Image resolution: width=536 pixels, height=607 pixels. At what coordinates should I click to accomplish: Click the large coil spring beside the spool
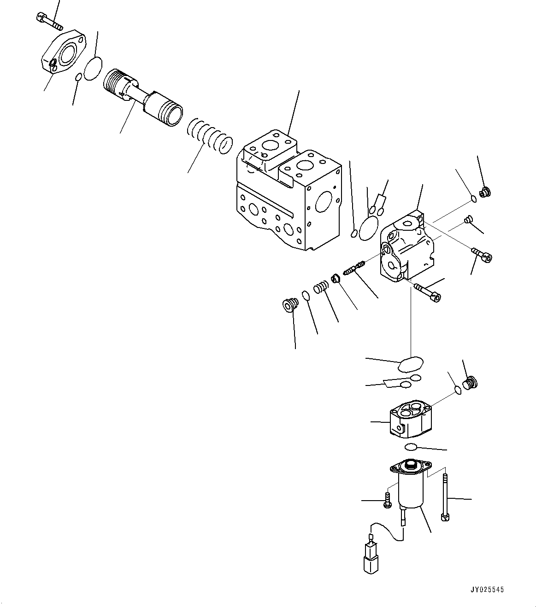point(210,136)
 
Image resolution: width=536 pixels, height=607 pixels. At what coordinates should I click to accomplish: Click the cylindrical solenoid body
point(410,490)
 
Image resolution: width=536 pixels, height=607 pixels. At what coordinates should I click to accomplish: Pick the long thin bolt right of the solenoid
point(445,497)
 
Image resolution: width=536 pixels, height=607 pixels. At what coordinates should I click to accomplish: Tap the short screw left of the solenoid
point(387,500)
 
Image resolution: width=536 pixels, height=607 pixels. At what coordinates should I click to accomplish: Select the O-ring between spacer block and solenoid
point(411,447)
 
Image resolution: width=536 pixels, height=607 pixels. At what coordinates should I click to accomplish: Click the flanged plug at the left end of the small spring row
point(289,305)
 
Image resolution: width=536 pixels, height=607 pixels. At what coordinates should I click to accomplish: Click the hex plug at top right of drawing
point(484,193)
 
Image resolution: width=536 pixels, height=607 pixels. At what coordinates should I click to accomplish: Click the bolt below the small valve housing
point(428,292)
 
